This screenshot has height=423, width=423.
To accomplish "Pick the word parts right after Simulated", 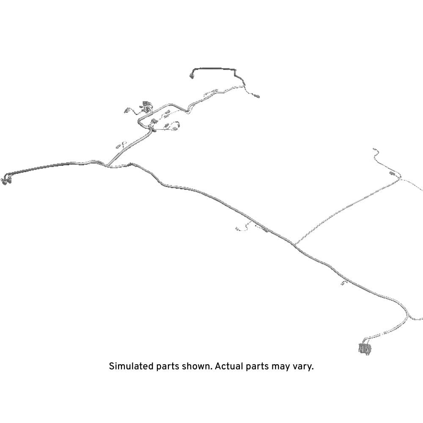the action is [168, 367].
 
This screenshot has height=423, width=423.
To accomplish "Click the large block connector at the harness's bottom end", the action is [364, 348].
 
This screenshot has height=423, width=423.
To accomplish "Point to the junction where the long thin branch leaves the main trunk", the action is [294, 244].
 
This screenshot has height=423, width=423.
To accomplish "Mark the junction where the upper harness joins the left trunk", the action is [107, 165].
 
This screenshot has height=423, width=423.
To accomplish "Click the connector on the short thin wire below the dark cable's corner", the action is [257, 96].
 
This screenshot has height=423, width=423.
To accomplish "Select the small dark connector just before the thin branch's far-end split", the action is [392, 173].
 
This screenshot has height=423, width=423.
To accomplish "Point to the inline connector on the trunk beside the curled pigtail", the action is [266, 230].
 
